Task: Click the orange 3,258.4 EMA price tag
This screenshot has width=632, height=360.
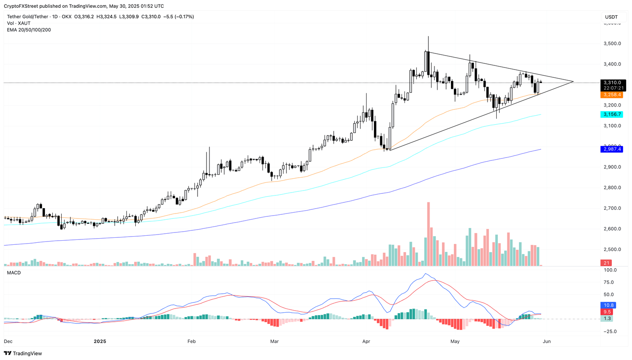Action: (613, 95)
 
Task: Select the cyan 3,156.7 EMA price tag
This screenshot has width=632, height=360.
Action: (613, 114)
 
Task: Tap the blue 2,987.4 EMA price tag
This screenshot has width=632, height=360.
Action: (613, 149)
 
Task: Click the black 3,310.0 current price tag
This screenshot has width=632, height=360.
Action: (613, 83)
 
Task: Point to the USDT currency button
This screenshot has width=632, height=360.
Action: (611, 17)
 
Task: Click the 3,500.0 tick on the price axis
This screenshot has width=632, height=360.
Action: (612, 44)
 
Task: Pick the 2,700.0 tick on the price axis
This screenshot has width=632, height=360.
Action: (612, 208)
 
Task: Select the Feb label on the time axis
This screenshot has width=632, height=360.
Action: (191, 341)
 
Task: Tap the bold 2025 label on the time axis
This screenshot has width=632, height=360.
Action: (100, 341)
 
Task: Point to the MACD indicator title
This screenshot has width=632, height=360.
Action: (14, 273)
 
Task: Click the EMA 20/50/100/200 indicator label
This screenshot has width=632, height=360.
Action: (29, 30)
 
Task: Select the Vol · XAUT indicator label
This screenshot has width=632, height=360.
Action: (19, 23)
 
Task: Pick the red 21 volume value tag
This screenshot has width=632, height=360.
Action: (606, 263)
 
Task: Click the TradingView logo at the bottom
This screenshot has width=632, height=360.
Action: (23, 353)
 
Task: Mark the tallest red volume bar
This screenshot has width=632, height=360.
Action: (428, 234)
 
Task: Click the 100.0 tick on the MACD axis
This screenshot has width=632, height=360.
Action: (610, 270)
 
